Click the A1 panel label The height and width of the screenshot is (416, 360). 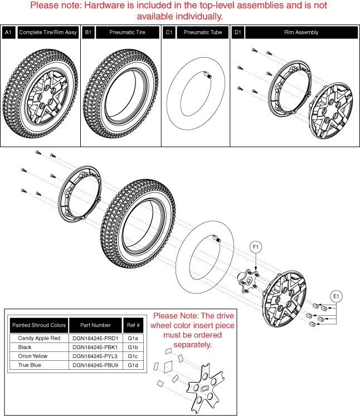tap(8, 33)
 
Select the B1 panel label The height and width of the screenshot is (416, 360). tap(89, 33)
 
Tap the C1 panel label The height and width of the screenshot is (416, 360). tap(169, 33)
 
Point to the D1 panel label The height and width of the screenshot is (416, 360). tap(237, 33)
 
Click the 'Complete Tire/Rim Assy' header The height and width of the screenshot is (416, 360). tap(47, 33)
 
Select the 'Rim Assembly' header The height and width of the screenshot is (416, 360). tap(301, 33)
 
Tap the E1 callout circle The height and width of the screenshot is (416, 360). tap(338, 296)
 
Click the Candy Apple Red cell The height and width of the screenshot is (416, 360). tap(39, 337)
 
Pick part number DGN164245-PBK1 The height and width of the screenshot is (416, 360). tap(95, 346)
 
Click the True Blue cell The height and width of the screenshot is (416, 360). tap(39, 365)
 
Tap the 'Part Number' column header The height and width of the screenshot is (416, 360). tap(95, 325)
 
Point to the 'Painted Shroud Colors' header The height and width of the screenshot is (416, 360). tap(39, 325)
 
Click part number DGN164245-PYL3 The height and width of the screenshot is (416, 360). tap(95, 356)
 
